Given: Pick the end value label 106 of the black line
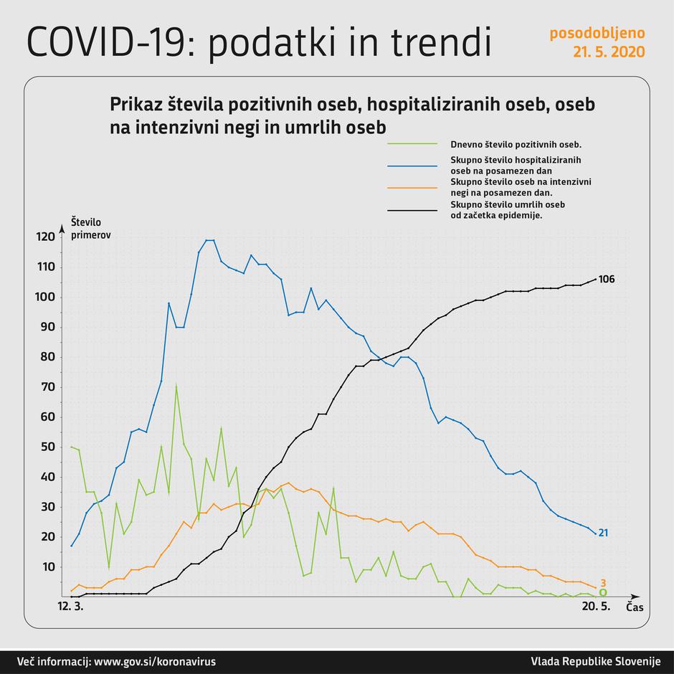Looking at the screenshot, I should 607,279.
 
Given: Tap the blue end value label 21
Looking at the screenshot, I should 603,533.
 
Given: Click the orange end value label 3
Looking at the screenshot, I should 603,583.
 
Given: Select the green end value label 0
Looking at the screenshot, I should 603,593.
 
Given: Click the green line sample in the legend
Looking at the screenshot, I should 412,143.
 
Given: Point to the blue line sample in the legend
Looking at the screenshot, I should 412,164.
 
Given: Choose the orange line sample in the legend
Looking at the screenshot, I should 412,187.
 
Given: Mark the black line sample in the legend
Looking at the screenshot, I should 412,210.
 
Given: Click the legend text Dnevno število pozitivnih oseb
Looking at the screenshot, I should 515,143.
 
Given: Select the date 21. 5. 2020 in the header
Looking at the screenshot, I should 608,52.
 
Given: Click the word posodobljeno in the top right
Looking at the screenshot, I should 597,34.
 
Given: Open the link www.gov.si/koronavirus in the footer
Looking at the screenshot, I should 155,661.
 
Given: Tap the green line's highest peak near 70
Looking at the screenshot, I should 176,385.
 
